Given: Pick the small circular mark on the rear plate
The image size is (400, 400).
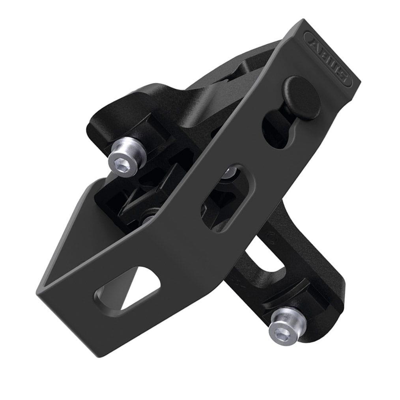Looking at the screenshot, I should tap(271, 237).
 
